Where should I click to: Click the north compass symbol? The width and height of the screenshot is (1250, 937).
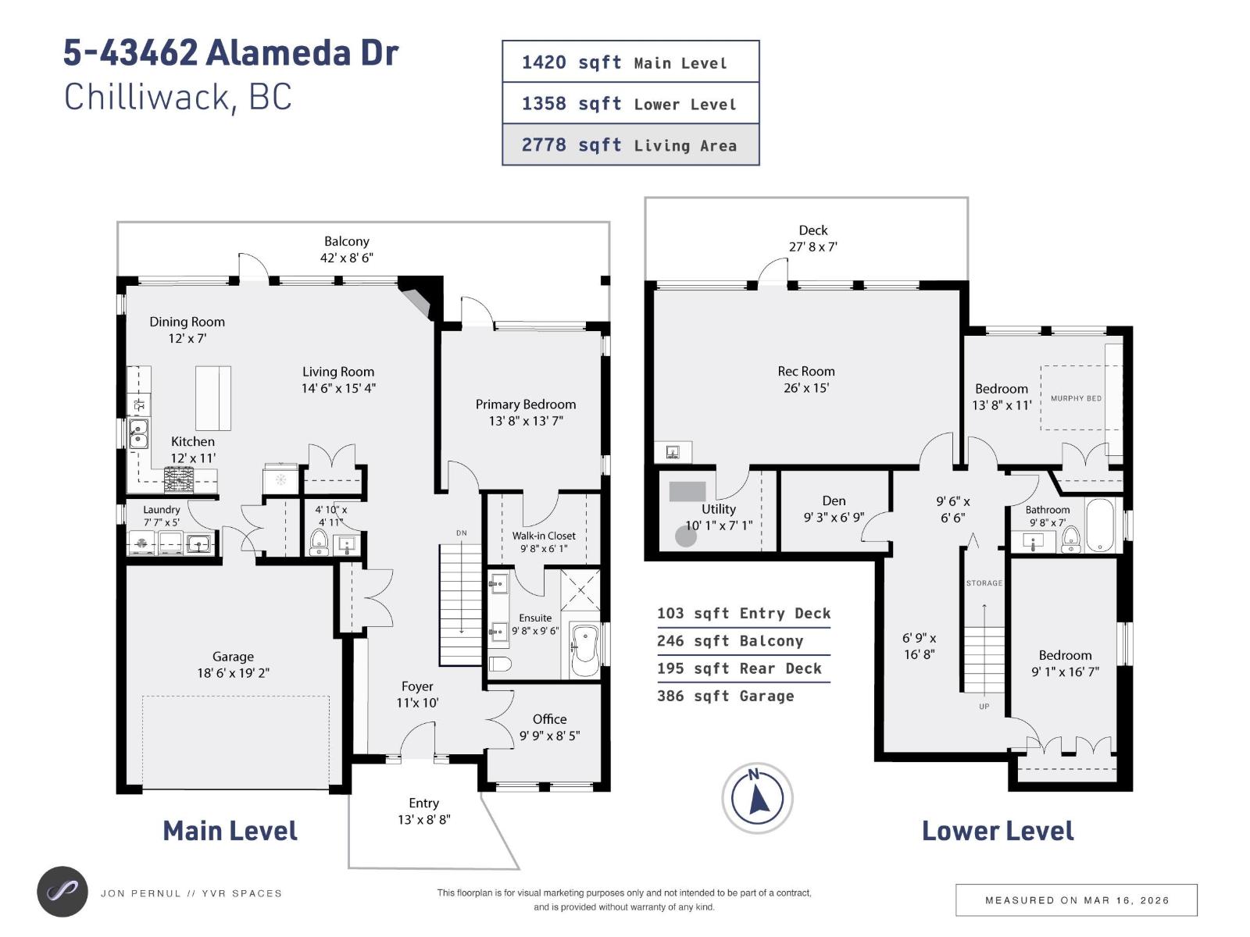pos(757,798)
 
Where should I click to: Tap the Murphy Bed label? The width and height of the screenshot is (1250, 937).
pos(1076,398)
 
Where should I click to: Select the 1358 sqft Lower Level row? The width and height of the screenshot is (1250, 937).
pos(630,103)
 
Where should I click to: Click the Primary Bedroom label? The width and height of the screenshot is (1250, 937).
pos(526,404)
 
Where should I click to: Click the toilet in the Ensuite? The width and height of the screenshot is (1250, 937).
pos(500,664)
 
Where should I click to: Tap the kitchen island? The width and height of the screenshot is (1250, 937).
pos(212,398)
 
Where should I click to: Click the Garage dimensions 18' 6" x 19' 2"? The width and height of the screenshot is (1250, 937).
pos(233,673)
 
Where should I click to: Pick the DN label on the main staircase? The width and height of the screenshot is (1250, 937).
pos(462,533)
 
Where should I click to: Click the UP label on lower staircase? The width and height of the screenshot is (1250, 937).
pos(984,707)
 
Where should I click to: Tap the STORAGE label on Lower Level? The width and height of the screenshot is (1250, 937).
pos(984,583)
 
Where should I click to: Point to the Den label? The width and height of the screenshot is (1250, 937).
pos(834,501)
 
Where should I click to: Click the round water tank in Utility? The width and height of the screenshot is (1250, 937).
pos(686,536)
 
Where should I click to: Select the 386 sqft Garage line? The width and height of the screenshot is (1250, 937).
pos(725,696)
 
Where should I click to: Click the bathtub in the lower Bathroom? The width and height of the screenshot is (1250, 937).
pos(1102,526)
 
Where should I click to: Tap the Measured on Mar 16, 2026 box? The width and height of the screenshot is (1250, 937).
pos(1076,900)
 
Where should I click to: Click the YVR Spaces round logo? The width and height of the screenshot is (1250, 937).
pos(62,892)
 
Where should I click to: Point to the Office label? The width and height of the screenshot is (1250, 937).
pos(549,719)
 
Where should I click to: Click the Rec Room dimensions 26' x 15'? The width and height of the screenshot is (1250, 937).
pos(805,388)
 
